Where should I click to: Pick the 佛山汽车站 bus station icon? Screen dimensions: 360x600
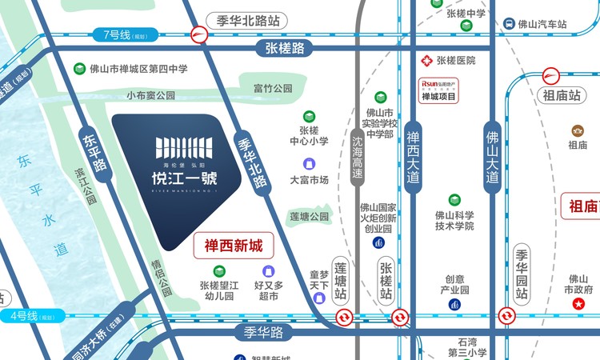(x=509, y=25)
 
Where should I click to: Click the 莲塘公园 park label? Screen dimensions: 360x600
(x=309, y=217)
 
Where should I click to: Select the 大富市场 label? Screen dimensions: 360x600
(x=309, y=180)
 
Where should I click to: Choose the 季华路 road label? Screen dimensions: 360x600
(x=263, y=331)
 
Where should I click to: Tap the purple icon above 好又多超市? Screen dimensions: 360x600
(x=268, y=271)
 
